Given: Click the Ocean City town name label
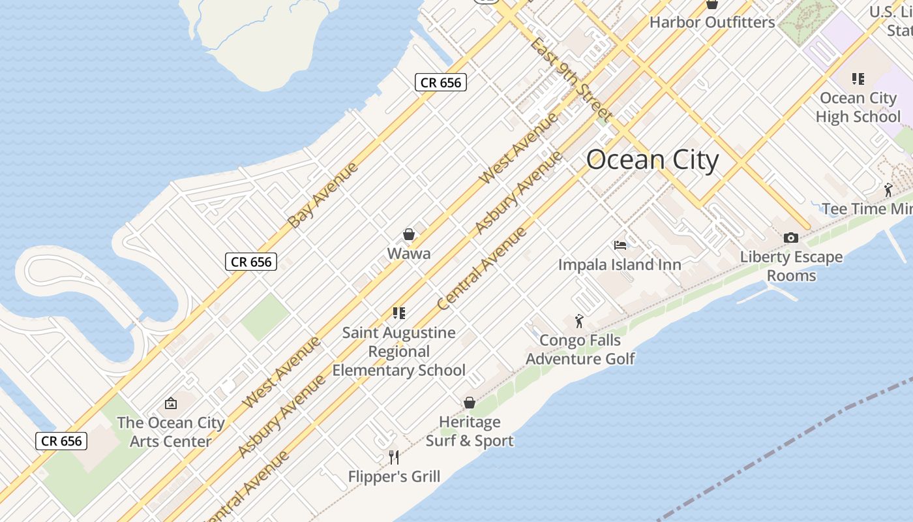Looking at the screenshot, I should pos(652,160).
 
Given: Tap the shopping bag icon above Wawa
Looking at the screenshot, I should pos(409,234).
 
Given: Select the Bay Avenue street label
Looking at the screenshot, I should pos(323,195).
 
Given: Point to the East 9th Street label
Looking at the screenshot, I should pos(570,80).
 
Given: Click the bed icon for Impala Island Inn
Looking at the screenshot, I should pos(620,245).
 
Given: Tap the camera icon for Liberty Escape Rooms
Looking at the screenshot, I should pos(791,238).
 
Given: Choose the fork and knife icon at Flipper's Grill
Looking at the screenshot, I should pos(394,457).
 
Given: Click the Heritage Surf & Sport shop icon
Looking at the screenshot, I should pos(470,403).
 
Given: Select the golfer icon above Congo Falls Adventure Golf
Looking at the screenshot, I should pos(579,321).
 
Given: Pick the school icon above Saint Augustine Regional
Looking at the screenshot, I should pos(399,313).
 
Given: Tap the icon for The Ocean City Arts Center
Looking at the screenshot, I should pos(171,403).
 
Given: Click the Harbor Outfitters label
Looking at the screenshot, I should pos(712,22).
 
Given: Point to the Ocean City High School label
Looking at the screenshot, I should pos(858,108).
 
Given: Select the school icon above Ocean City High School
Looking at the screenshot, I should pos(858,79).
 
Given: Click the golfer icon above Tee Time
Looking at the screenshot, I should pos(888,190).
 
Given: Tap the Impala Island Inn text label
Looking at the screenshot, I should pos(620,265).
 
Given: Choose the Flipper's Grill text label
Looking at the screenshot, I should pos(394,477).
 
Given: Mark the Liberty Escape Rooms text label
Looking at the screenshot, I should pos(791,266).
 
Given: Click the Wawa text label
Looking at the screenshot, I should pos(409,254).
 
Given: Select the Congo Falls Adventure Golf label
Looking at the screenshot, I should pos(580,350).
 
